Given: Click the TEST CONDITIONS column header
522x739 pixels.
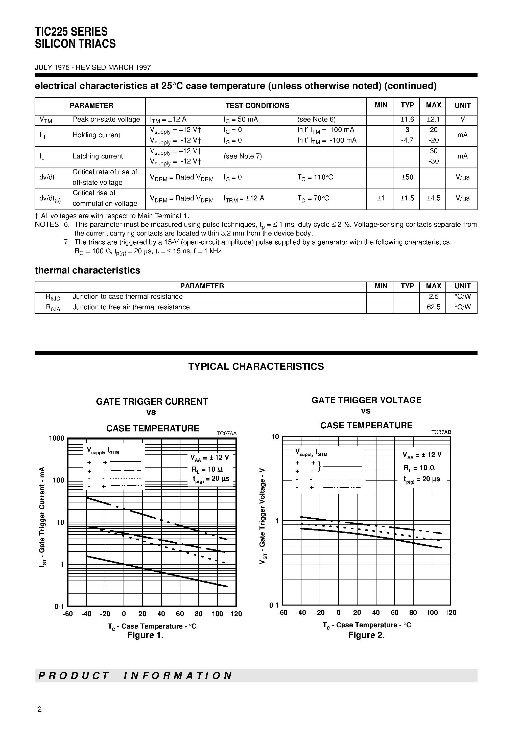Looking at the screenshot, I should coord(257,106).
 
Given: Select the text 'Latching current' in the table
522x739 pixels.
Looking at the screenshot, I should coord(98,156).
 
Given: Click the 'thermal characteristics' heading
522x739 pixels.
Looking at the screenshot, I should coord(87,270).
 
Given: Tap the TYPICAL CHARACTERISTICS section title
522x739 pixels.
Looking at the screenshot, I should coord(256,367).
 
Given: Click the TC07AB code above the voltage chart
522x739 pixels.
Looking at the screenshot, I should coord(441,432).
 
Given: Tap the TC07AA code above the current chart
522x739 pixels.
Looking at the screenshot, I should coord(226,433).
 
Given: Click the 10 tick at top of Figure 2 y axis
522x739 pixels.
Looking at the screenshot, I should coord(275,437).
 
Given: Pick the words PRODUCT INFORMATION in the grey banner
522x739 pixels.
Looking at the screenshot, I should coord(135,676).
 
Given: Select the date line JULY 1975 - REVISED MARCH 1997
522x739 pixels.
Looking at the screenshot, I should coord(93,67).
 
